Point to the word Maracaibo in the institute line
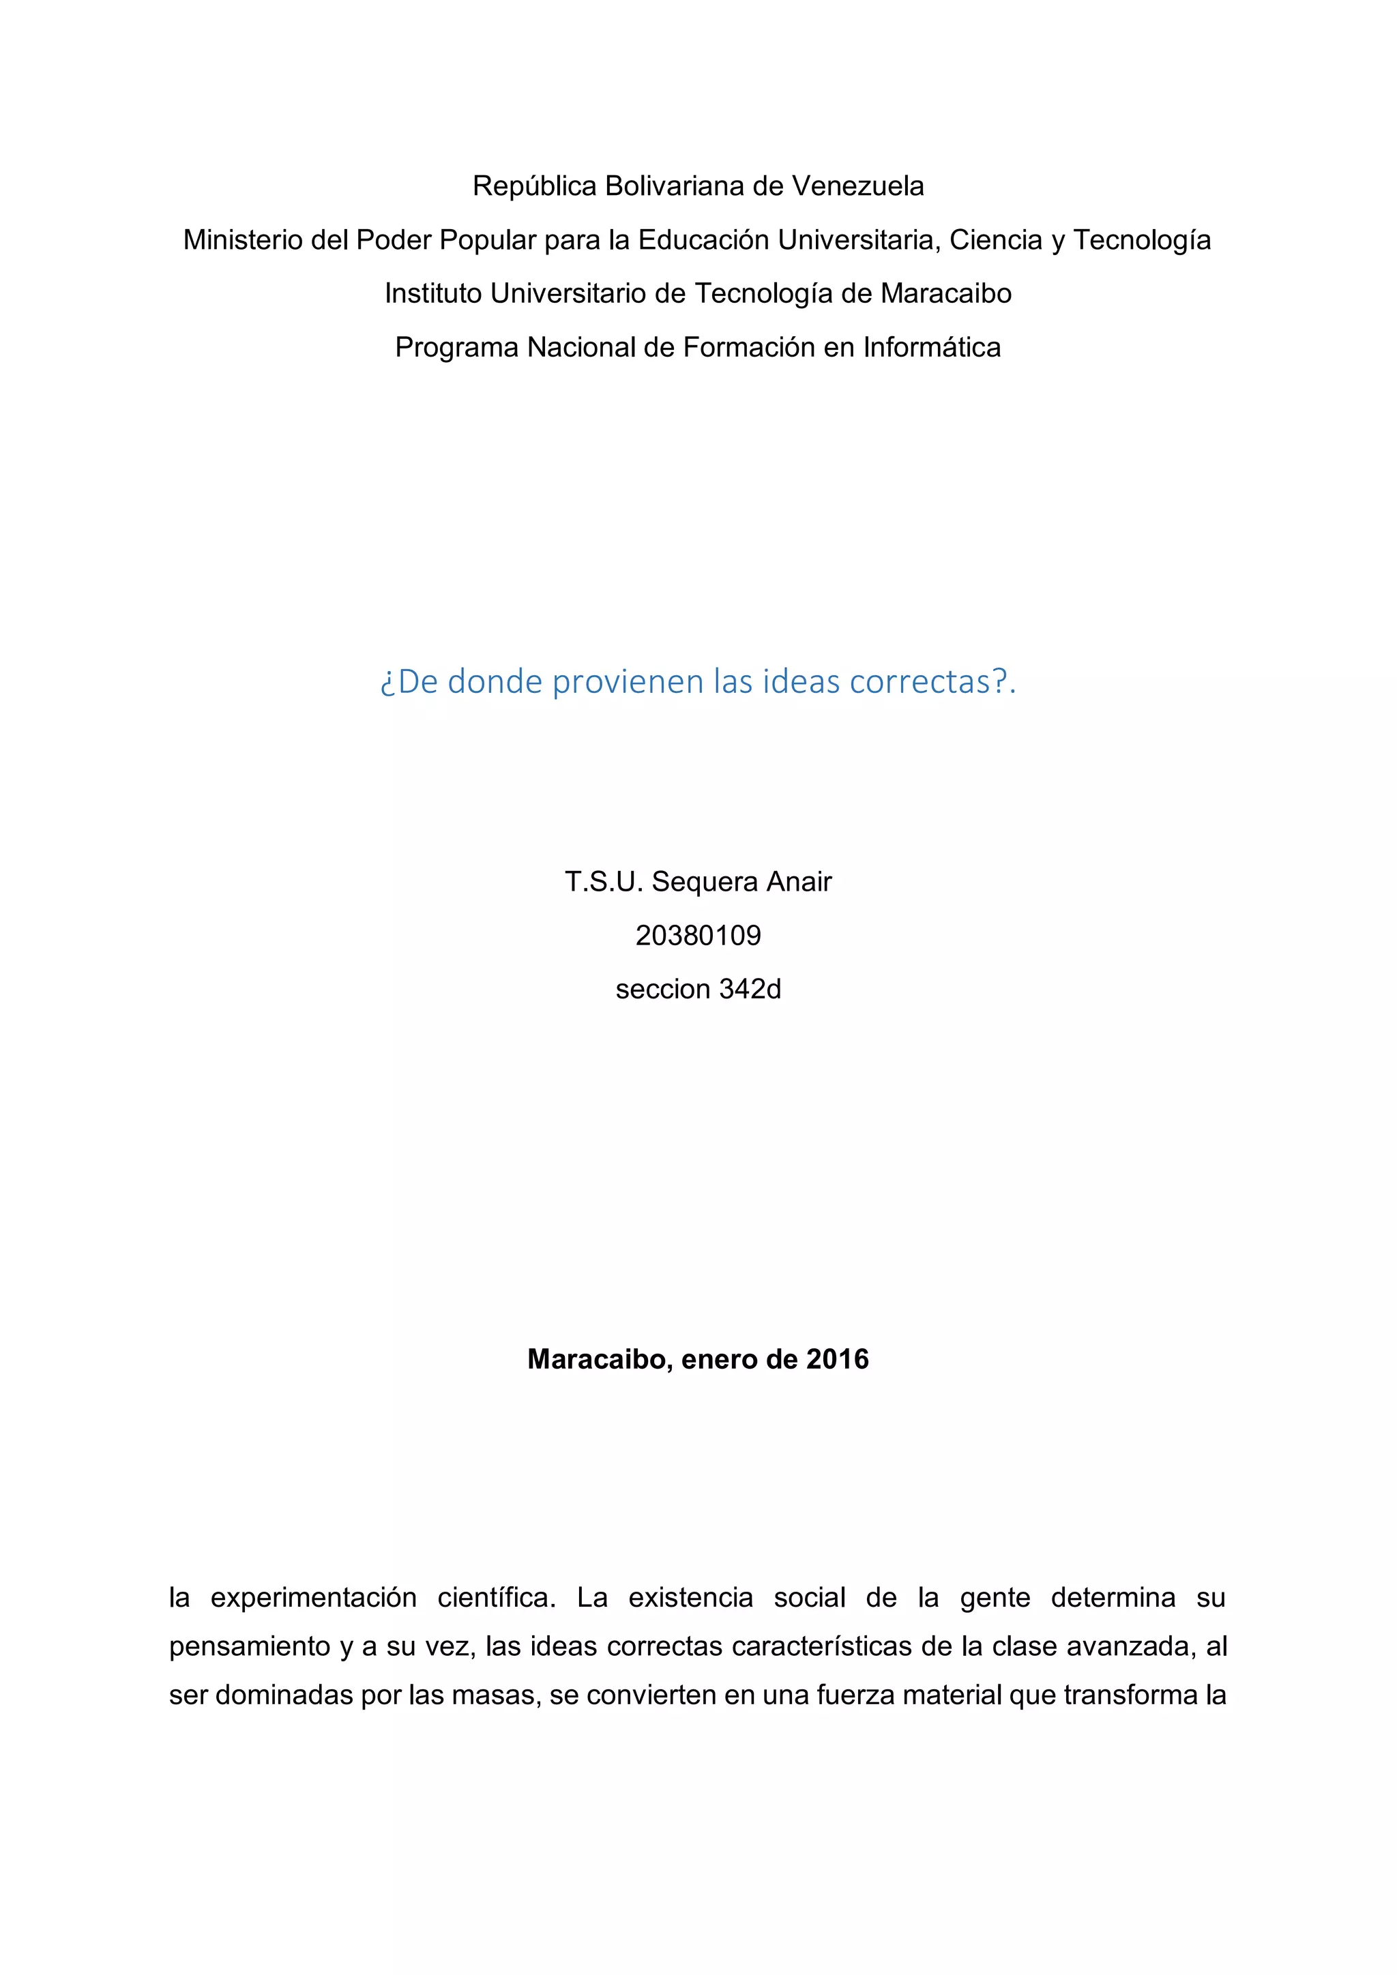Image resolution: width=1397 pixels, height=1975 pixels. [945, 293]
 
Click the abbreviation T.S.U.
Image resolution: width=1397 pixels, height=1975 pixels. [604, 882]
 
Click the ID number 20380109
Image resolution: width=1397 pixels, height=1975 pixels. [698, 936]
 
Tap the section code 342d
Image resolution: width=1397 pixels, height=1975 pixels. [750, 990]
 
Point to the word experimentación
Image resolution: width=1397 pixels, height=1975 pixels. [313, 1599]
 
